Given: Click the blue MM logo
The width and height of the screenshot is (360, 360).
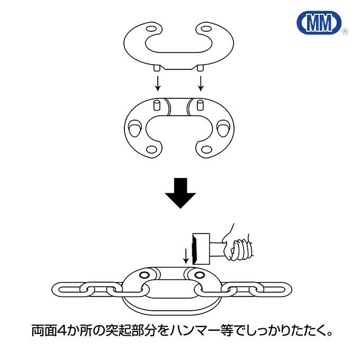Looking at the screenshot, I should pyautogui.click(x=320, y=23).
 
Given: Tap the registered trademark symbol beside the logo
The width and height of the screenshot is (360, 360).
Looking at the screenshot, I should pyautogui.click(x=345, y=32).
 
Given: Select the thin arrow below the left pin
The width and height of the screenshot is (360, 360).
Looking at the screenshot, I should pyautogui.click(x=157, y=82).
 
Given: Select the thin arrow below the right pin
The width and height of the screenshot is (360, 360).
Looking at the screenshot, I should pyautogui.click(x=201, y=82).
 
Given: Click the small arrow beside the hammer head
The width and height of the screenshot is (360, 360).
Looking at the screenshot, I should pyautogui.click(x=185, y=256).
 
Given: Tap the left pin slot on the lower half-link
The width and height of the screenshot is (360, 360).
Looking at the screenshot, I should pyautogui.click(x=157, y=104).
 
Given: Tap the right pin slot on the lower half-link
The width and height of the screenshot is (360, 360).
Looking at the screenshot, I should pyautogui.click(x=200, y=104).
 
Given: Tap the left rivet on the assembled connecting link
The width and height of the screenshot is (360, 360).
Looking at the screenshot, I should pyautogui.click(x=143, y=275).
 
